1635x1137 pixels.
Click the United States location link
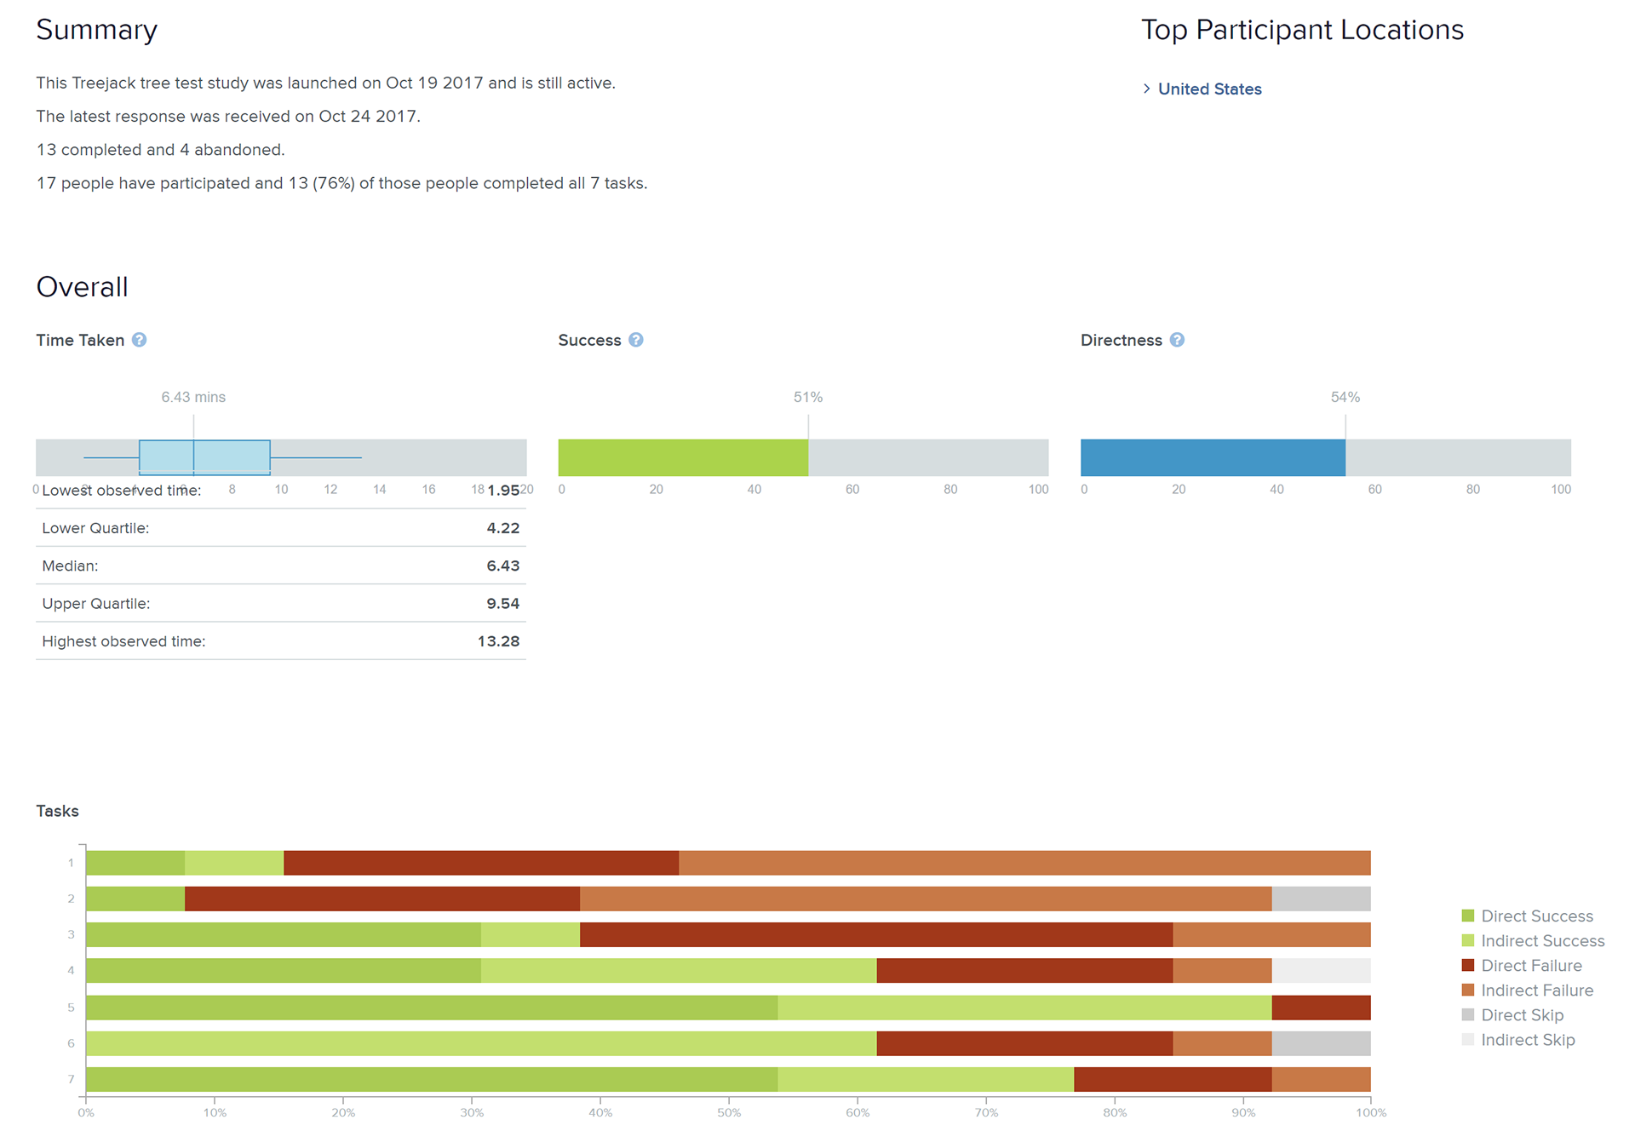coord(1209,89)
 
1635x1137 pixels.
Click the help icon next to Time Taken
coord(140,340)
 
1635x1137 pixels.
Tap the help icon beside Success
coord(636,340)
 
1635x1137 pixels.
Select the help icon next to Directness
coord(1177,340)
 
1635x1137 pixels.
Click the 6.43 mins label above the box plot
coord(193,397)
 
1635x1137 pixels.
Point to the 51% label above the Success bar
coord(807,397)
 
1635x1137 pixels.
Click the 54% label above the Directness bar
coord(1345,397)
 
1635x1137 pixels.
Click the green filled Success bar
coord(683,457)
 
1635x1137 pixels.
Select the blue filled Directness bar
coord(1213,457)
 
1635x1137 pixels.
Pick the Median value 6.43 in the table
coord(502,566)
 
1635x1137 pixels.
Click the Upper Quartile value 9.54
coord(502,604)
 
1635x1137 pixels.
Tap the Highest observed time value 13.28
coord(498,641)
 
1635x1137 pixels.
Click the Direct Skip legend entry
coord(1522,1015)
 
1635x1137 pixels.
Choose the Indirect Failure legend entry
coord(1536,991)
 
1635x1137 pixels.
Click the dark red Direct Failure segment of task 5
coord(1321,1008)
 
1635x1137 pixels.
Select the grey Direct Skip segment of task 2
coord(1321,899)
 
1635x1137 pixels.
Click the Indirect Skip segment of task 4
coord(1321,970)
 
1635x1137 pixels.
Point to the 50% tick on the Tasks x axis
coord(729,1112)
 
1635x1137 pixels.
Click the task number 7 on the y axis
coord(72,1079)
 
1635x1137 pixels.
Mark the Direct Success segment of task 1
coord(135,863)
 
